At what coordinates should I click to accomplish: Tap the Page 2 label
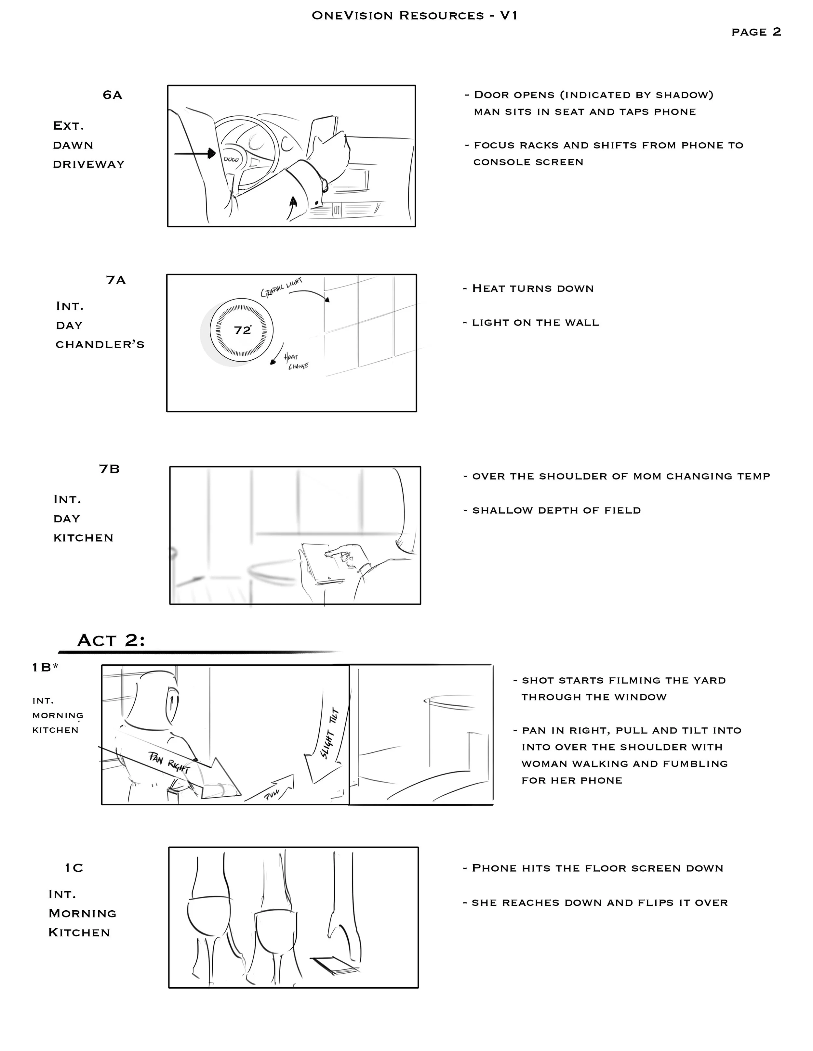(756, 32)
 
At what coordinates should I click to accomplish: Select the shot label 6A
(112, 95)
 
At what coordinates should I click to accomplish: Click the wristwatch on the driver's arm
(324, 185)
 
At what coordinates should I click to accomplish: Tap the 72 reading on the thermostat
(242, 330)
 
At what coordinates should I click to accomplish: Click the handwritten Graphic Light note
(282, 287)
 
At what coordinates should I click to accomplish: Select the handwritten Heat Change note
(295, 361)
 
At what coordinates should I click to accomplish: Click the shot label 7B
(109, 469)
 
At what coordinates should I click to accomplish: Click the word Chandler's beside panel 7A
(100, 345)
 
